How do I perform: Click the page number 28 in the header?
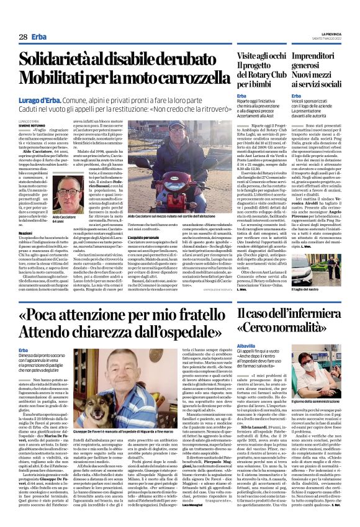[x=23, y=37]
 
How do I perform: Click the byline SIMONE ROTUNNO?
[x=31, y=124]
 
